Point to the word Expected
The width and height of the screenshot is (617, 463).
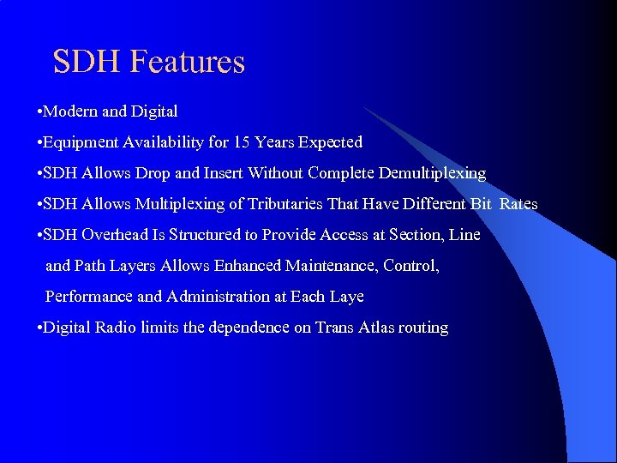point(330,142)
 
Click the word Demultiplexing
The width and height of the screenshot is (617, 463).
point(422,173)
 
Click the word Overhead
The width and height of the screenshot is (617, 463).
point(112,235)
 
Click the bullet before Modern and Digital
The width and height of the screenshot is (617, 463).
point(40,112)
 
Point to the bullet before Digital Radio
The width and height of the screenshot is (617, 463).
point(40,328)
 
